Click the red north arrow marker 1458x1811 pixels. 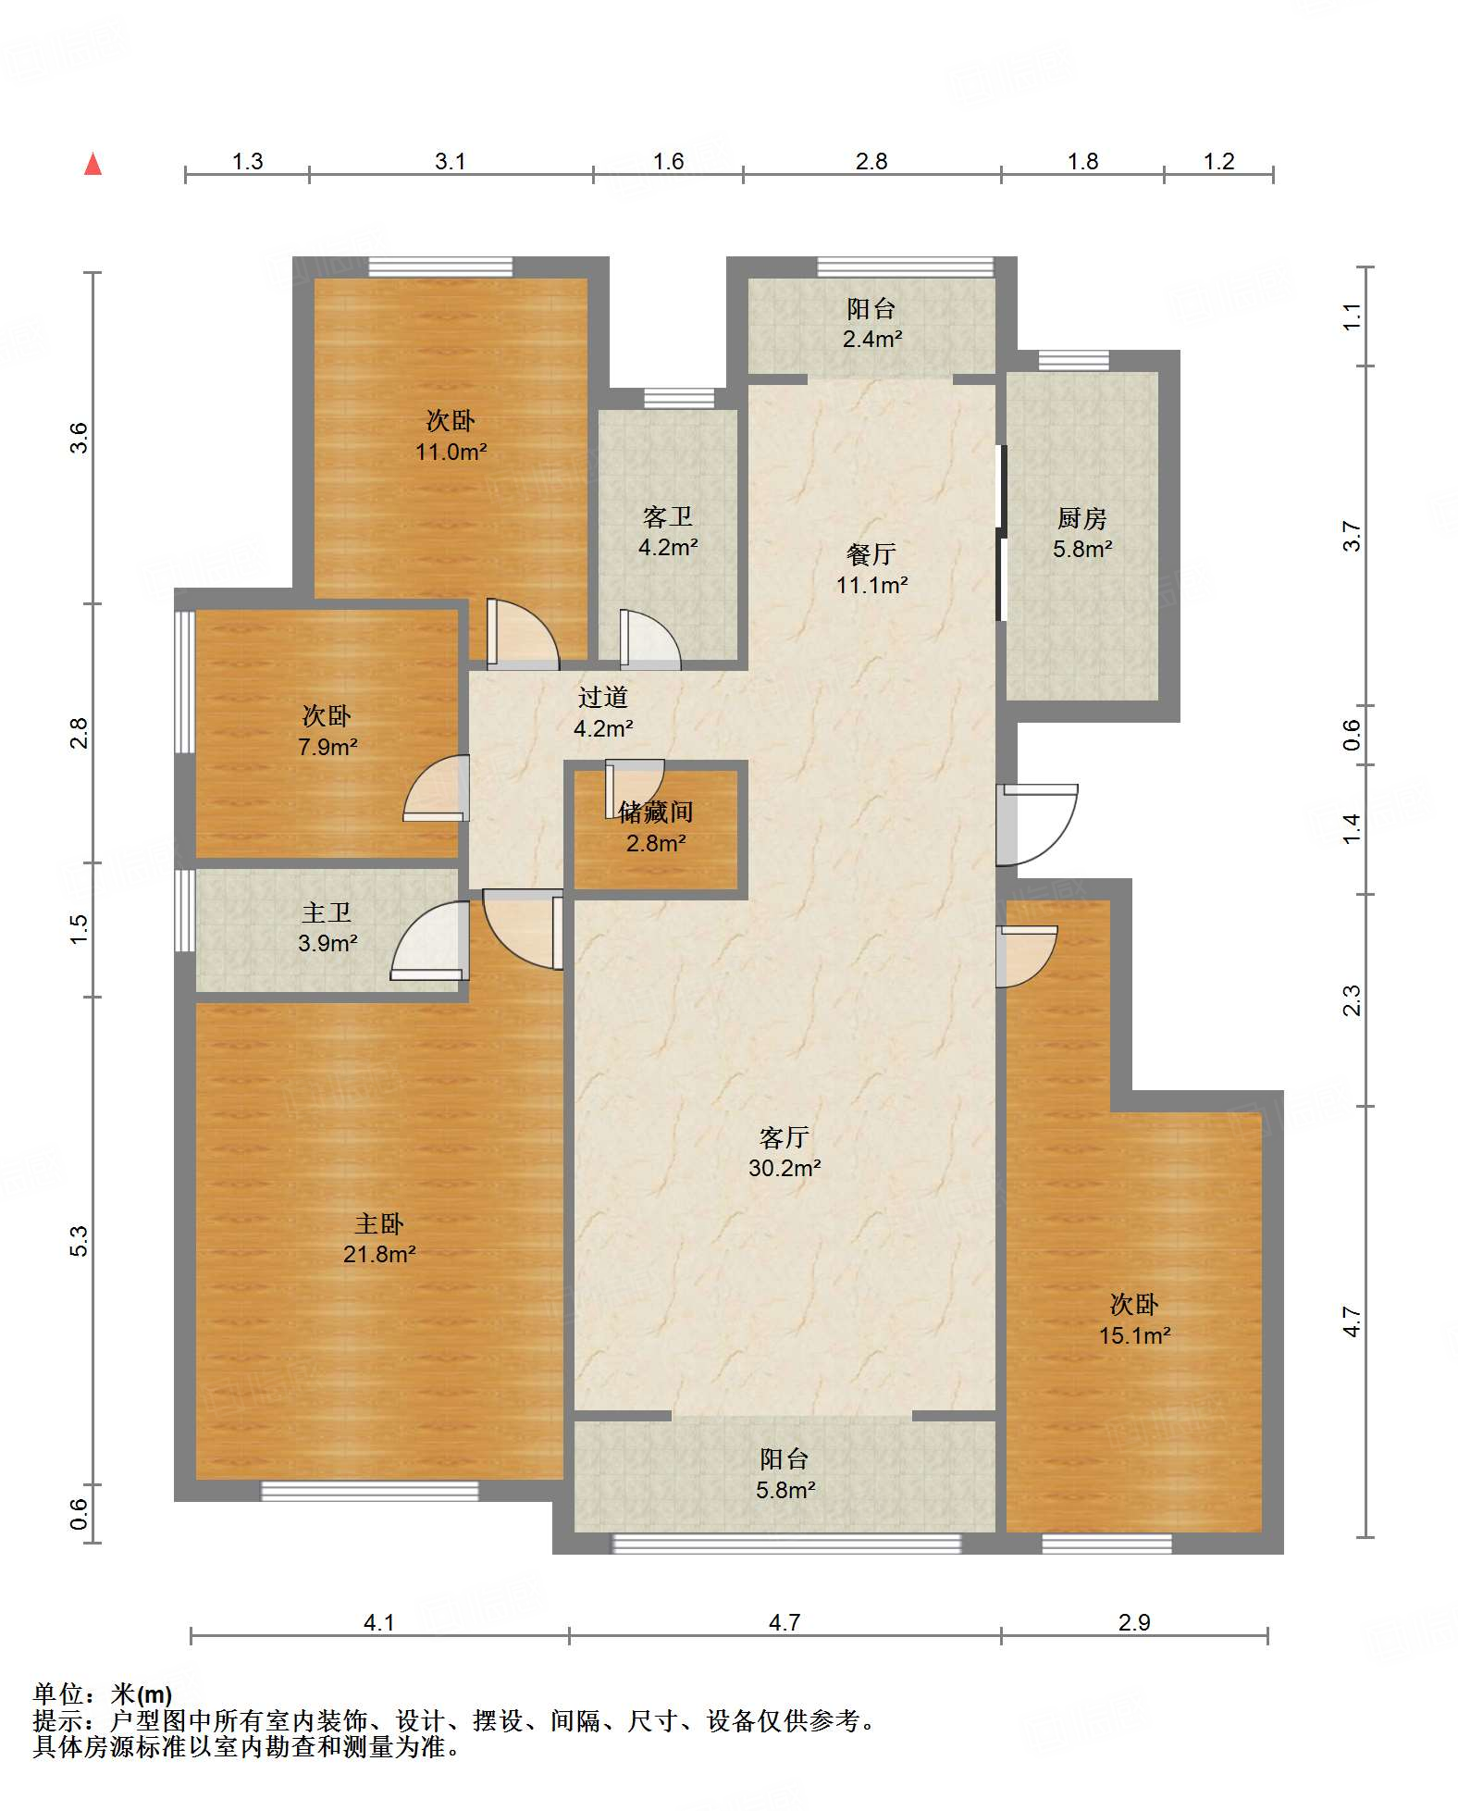tap(93, 164)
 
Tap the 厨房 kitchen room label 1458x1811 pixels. tap(1081, 518)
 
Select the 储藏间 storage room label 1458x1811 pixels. tap(655, 812)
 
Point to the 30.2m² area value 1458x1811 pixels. tap(785, 1168)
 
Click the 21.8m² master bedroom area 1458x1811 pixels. tap(379, 1254)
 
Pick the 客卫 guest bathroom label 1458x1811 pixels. tap(667, 516)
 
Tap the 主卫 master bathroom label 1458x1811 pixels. tap(327, 912)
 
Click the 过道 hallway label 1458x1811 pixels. tap(603, 697)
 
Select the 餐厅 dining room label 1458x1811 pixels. tap(871, 554)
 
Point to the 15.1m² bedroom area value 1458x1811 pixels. tap(1134, 1335)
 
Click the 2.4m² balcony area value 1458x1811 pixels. tap(871, 339)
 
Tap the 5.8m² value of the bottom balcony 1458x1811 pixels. tap(785, 1490)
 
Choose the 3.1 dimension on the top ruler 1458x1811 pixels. tap(450, 161)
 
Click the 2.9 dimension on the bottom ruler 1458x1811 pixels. tap(1133, 1622)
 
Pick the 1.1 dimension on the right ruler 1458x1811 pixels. tap(1352, 316)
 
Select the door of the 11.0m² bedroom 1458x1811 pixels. tap(523, 634)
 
